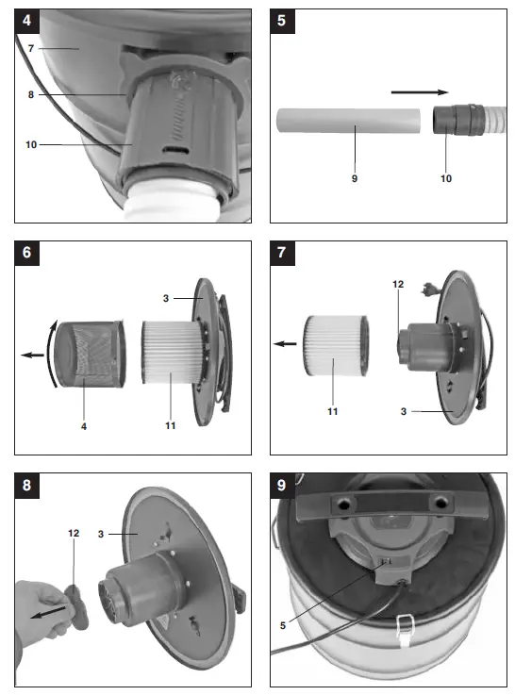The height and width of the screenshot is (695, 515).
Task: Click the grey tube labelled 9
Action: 348,123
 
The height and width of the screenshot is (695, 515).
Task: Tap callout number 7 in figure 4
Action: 30,47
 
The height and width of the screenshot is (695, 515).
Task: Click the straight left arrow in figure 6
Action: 34,356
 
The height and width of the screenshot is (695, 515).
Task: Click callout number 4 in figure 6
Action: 84,425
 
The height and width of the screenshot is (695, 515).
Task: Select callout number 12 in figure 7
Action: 398,284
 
